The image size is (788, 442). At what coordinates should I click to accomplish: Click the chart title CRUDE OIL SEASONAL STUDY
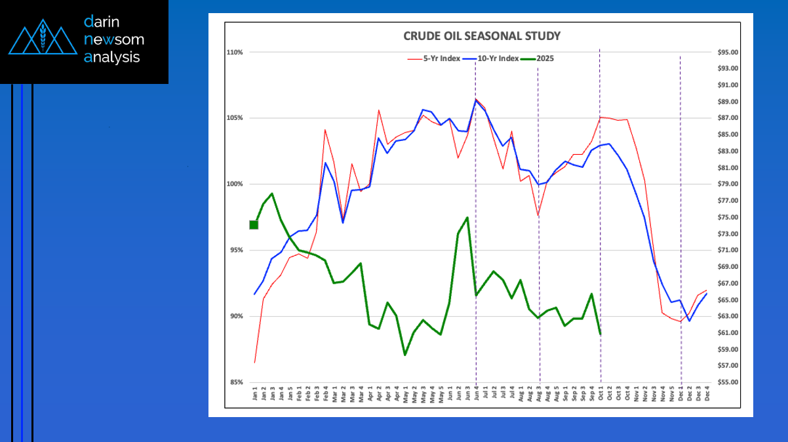(481, 35)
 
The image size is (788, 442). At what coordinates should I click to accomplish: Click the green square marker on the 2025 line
(254, 225)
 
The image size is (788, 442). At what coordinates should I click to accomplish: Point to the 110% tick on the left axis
(235, 52)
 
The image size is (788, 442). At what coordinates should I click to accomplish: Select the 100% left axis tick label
(235, 184)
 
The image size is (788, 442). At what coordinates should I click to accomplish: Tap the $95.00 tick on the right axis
(729, 52)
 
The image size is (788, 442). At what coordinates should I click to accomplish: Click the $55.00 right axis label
(729, 382)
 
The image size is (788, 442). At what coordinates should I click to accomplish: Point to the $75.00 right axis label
(729, 217)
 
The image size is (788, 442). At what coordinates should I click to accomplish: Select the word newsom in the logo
(114, 39)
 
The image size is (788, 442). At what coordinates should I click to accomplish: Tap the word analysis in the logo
(112, 57)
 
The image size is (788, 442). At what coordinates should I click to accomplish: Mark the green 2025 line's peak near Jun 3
(467, 217)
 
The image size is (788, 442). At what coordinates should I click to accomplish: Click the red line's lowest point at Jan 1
(254, 363)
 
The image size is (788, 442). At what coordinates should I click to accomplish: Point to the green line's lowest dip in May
(405, 355)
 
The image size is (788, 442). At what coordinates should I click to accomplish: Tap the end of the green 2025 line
(600, 334)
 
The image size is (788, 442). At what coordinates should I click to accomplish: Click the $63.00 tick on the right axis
(729, 316)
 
